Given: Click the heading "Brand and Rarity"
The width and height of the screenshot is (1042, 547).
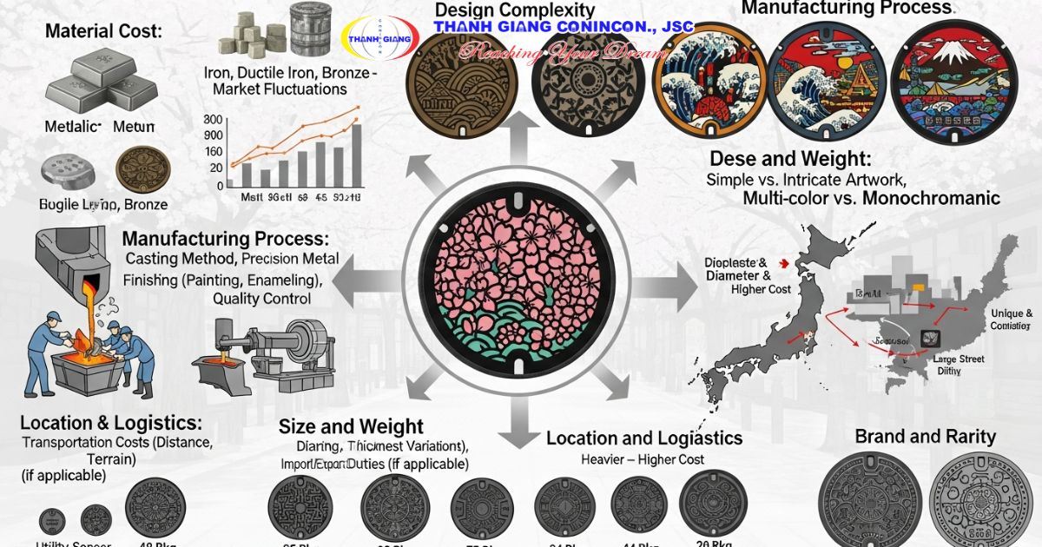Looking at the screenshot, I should coord(925,436).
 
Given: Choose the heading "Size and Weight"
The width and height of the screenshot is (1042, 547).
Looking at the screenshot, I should coord(351,426).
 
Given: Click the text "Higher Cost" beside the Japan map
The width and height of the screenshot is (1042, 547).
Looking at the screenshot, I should coord(761,289).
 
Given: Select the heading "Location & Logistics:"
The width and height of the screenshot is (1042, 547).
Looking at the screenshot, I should coord(110,424).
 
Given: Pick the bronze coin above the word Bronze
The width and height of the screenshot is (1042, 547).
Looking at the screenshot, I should coord(137,168).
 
